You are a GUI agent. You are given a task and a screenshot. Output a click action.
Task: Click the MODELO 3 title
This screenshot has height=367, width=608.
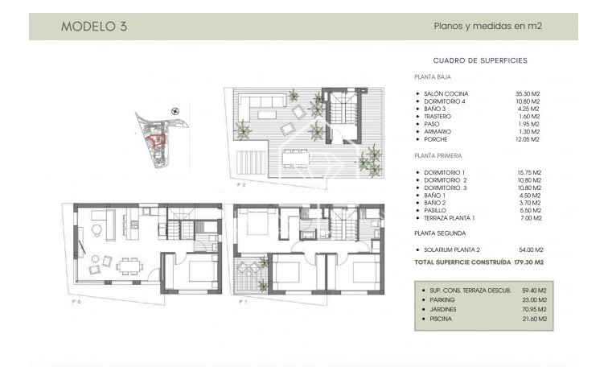pos(93,26)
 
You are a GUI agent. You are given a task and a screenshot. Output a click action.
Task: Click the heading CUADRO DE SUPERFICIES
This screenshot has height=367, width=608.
pos(479,60)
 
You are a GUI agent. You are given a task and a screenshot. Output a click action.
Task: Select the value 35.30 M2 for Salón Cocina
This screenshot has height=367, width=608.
pos(528,93)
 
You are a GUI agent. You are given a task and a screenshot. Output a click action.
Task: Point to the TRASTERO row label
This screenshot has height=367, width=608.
pos(441,117)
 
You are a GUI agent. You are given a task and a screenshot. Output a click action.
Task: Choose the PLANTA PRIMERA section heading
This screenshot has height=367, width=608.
pos(438,156)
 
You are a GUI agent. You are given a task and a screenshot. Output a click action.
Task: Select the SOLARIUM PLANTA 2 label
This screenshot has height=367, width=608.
pos(454,249)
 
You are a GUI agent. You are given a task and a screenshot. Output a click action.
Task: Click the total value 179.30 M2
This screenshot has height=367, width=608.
pos(529,262)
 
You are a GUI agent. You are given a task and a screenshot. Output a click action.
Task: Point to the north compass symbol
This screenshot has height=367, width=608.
pos(175,111)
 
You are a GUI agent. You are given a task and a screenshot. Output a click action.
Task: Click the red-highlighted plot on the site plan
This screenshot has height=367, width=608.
pos(158,139)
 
